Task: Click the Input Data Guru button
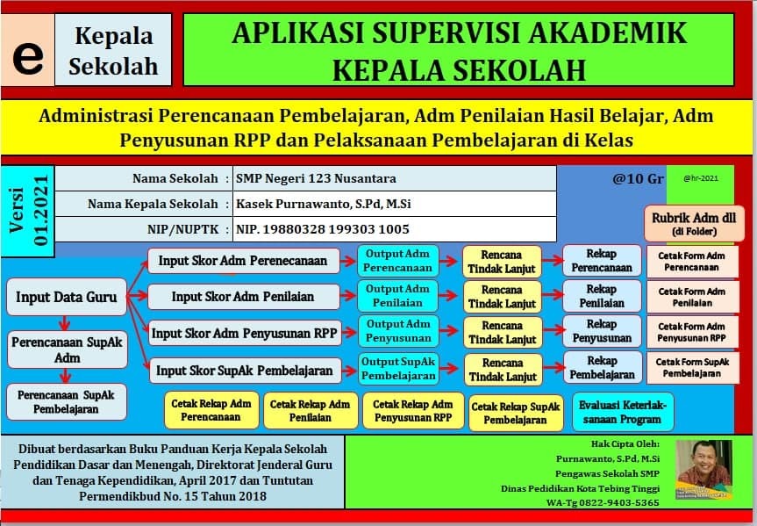[66, 297]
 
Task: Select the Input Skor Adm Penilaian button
[242, 297]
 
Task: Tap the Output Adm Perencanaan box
[397, 260]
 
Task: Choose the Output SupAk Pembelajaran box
[399, 369]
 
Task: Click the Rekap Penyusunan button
[602, 331]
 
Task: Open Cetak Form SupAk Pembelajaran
[692, 367]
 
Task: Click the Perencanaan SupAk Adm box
[67, 350]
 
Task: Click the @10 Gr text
[639, 178]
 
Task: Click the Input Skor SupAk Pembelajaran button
[245, 371]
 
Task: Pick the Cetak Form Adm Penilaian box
[692, 297]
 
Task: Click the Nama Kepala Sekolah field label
[153, 204]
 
